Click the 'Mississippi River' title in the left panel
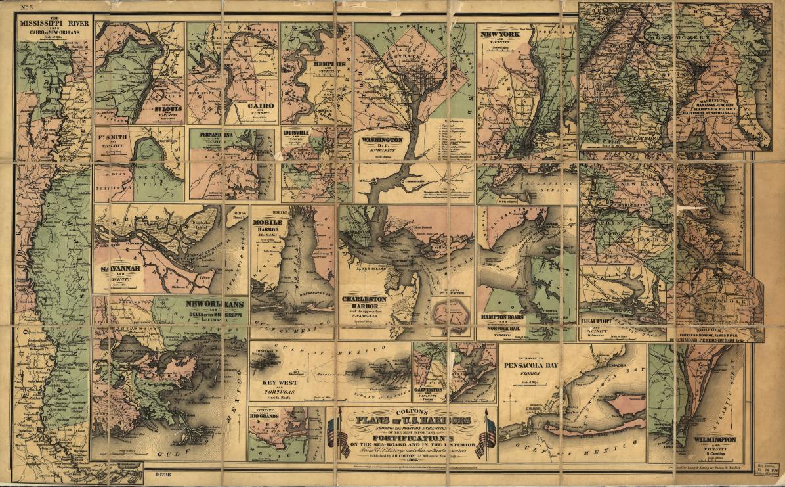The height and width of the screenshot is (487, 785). (54, 26)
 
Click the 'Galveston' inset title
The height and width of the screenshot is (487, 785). (428, 390)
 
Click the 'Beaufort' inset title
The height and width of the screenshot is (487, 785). (597, 321)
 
